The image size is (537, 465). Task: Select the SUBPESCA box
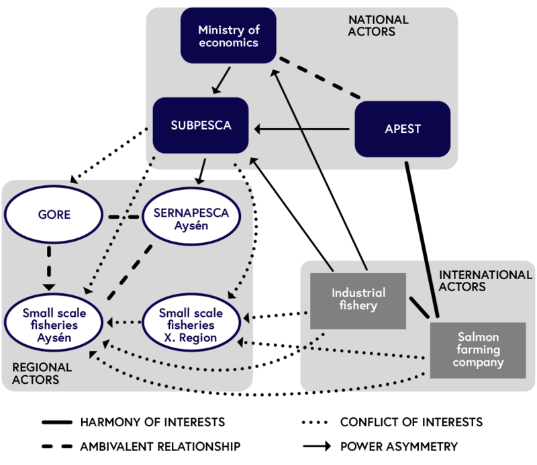[201, 125]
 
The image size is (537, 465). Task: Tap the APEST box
[402, 129]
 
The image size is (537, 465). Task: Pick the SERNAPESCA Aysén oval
[191, 219]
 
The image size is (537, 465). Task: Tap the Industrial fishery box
[358, 301]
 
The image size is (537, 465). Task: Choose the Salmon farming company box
[476, 349]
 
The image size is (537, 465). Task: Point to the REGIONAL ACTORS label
[42, 374]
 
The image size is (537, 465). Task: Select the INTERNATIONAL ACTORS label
[485, 280]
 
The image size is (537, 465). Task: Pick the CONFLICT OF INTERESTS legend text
[411, 422]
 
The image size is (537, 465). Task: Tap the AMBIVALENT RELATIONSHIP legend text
[160, 446]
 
